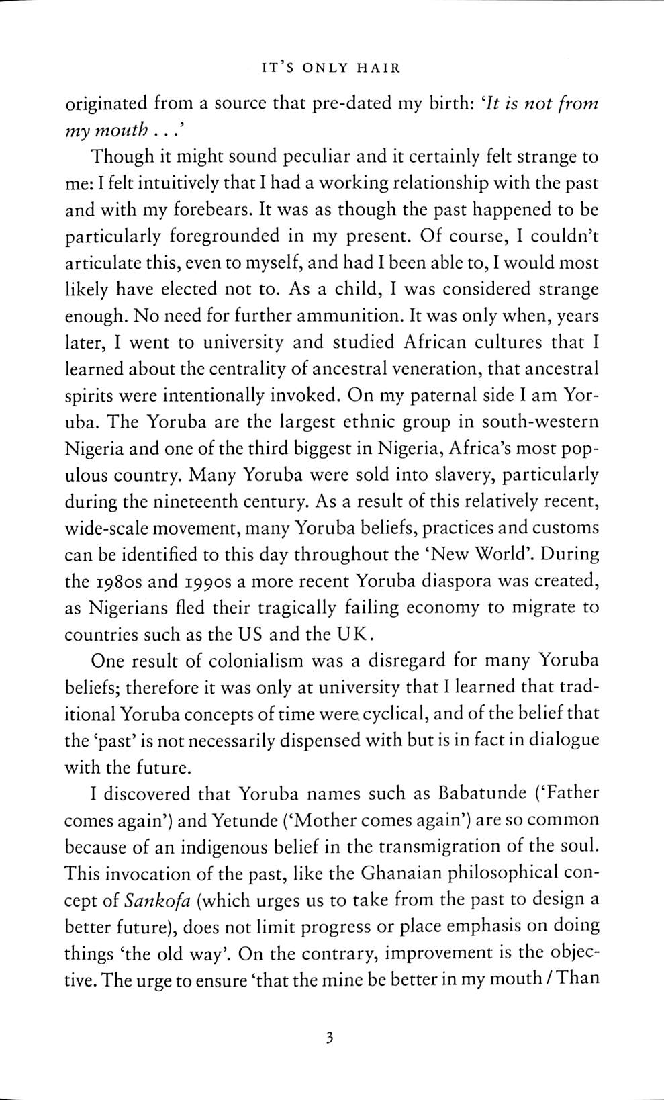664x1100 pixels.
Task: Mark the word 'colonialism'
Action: (x=253, y=661)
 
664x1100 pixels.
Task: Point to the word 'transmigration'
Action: (x=437, y=846)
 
